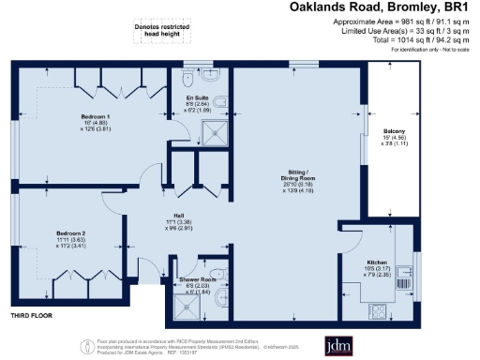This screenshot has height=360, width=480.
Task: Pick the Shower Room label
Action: pyautogui.click(x=198, y=279)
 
